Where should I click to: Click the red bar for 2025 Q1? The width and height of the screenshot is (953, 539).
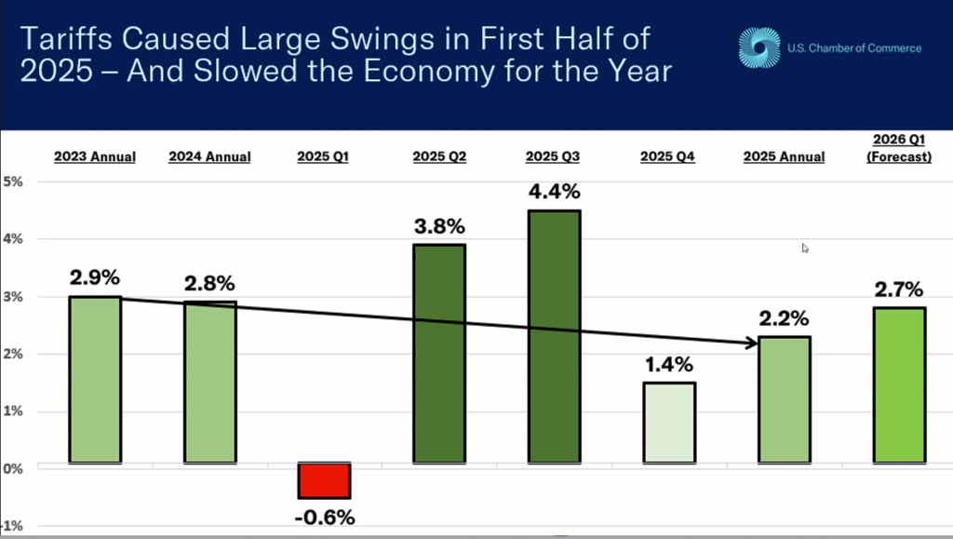click(324, 480)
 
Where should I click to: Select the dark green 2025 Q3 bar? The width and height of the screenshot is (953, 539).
click(555, 337)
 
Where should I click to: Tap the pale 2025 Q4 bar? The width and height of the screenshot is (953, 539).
click(669, 423)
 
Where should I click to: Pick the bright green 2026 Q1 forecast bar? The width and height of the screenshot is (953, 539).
click(900, 385)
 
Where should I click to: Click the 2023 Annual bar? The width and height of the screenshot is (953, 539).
click(95, 380)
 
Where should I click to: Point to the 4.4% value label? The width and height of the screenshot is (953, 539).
click(555, 192)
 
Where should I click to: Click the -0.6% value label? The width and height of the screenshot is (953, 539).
click(325, 518)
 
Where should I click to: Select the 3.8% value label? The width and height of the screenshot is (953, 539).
click(439, 226)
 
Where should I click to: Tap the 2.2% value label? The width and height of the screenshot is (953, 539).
click(784, 317)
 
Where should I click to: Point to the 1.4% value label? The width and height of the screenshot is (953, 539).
click(668, 364)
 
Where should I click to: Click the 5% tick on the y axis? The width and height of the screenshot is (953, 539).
click(13, 182)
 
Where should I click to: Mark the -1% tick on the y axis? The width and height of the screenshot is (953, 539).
click(11, 526)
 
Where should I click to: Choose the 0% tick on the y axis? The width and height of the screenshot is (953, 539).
click(13, 468)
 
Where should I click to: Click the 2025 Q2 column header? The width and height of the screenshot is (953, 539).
click(439, 156)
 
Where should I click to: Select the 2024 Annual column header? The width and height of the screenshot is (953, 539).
click(209, 156)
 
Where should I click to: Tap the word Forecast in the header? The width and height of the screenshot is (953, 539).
click(899, 156)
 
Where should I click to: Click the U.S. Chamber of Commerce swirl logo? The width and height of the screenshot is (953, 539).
click(759, 47)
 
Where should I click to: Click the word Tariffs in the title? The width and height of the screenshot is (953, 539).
click(66, 39)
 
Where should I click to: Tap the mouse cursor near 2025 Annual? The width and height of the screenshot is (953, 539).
click(805, 248)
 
